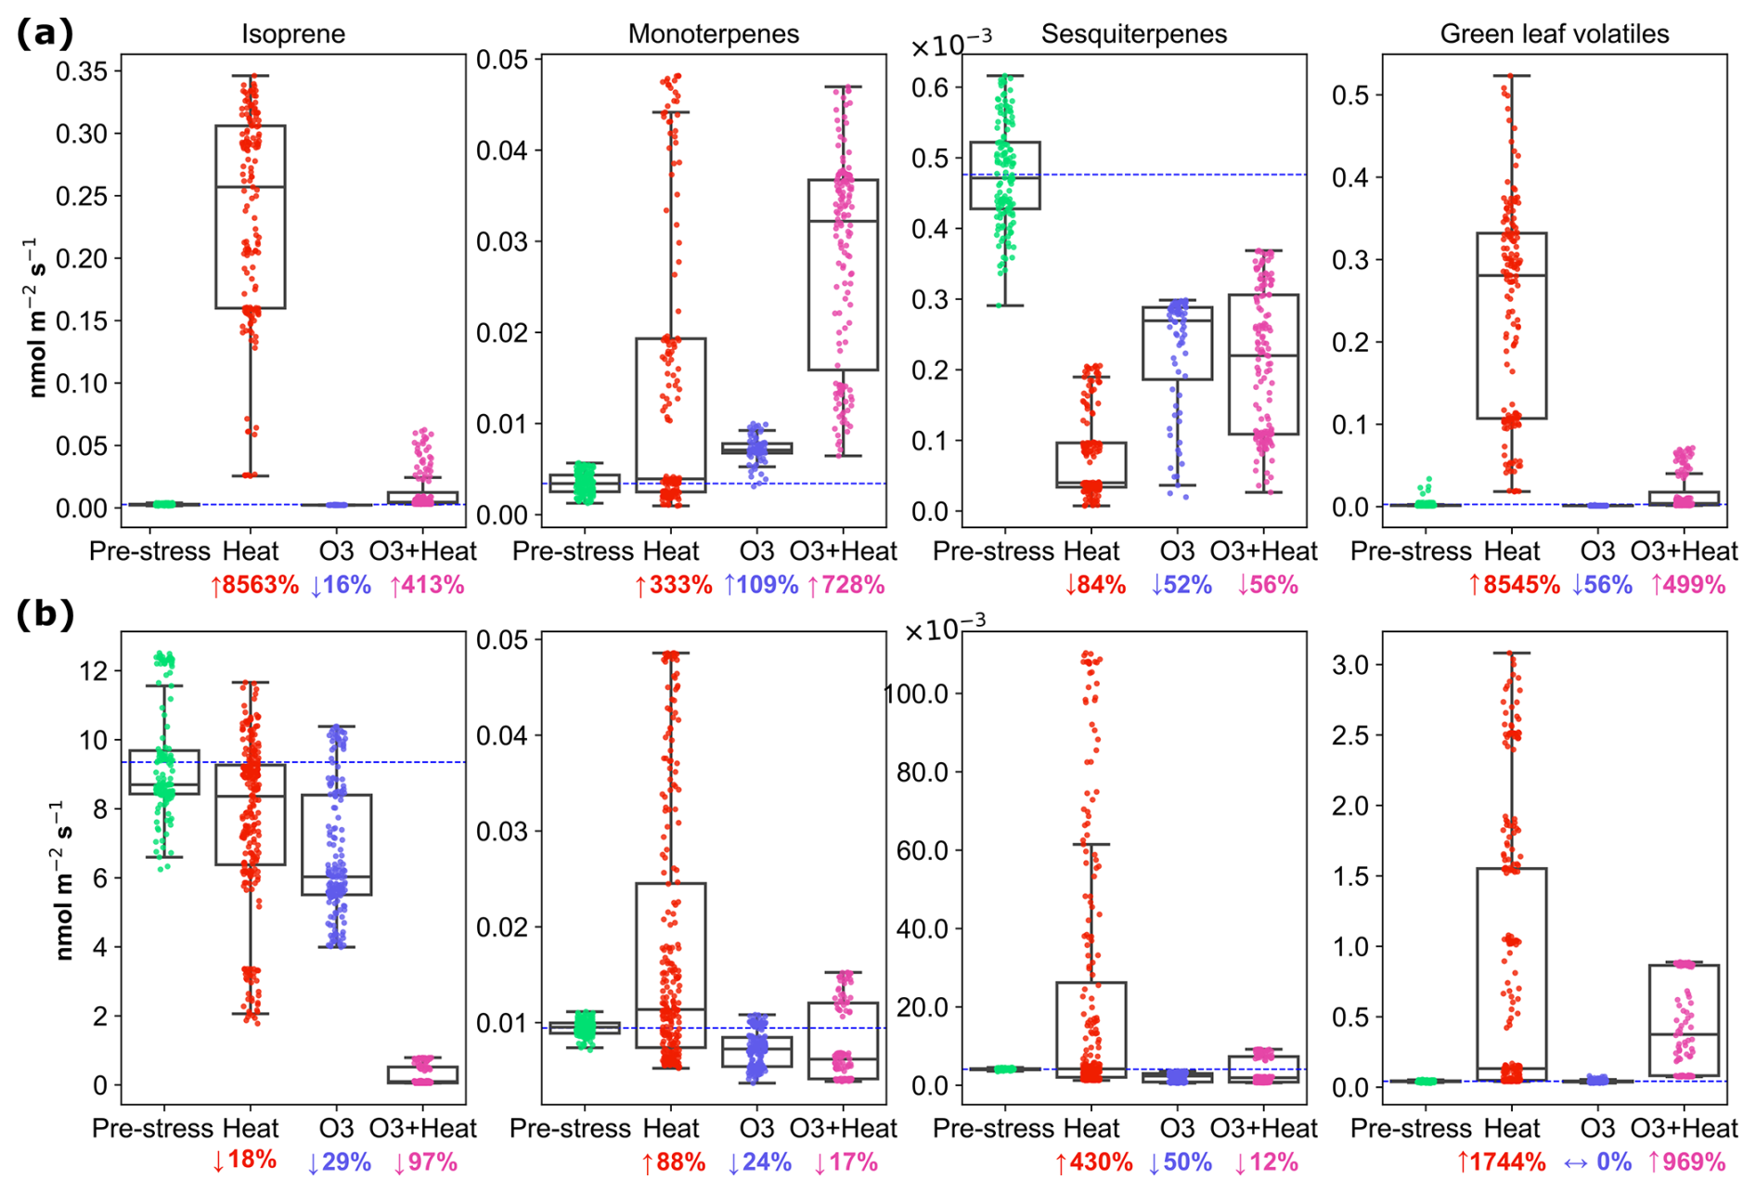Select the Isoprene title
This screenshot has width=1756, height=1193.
(293, 34)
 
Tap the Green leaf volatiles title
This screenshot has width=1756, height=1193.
(1555, 34)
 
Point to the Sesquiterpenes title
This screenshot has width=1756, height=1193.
(1133, 34)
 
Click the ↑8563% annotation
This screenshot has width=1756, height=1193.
(254, 586)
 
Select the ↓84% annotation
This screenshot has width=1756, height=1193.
(1095, 586)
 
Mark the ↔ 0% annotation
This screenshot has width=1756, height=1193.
(1597, 1162)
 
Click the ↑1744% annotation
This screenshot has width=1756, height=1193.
(1501, 1162)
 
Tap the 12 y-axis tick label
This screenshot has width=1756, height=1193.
(95, 670)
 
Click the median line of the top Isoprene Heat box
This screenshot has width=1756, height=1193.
(250, 188)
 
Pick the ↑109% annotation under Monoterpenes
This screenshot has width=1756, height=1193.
(760, 586)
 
